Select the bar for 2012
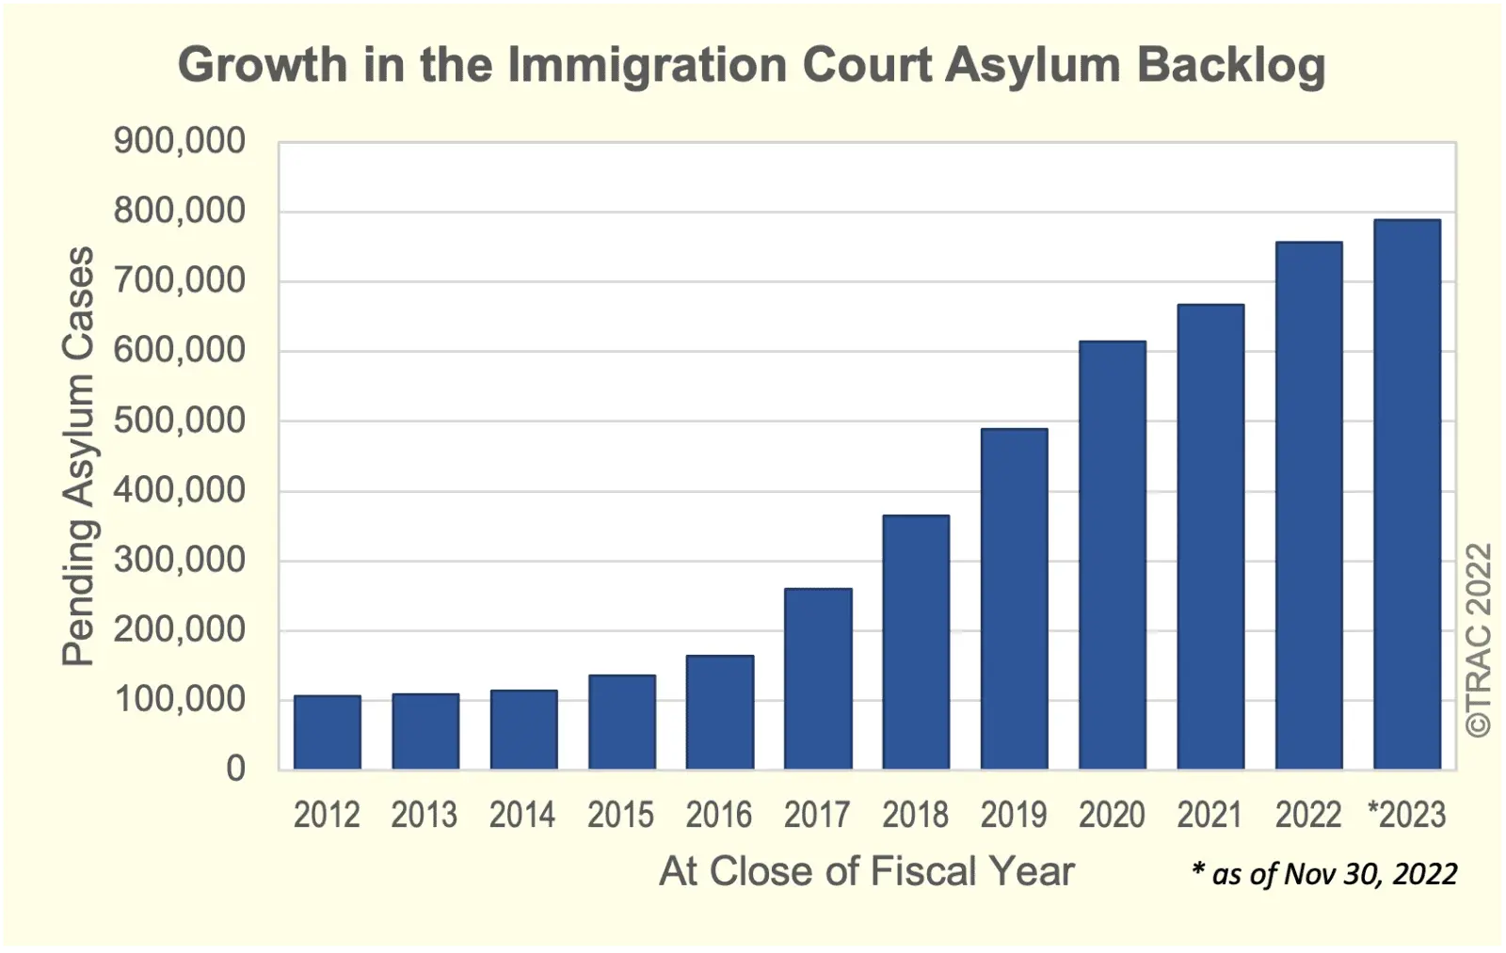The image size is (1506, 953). [327, 732]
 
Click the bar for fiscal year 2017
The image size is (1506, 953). [818, 678]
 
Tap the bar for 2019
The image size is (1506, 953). [1014, 598]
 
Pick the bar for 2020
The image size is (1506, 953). [1112, 555]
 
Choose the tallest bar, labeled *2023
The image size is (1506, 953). [1406, 494]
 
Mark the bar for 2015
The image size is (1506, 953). [621, 722]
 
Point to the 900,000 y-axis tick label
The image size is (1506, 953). [179, 141]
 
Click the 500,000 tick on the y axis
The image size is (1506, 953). [179, 421]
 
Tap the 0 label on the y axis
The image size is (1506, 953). [235, 769]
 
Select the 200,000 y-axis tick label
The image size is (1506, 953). [179, 629]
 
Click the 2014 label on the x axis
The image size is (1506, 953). [522, 815]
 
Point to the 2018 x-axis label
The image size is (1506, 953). [915, 815]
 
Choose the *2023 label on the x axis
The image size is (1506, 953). [1406, 815]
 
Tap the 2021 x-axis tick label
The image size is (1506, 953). [1210, 815]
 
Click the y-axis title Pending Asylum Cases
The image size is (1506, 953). [79, 456]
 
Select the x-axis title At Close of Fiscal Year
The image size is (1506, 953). [866, 871]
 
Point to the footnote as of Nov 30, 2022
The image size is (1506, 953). [1325, 874]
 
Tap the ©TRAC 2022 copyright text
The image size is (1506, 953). [1480, 640]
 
